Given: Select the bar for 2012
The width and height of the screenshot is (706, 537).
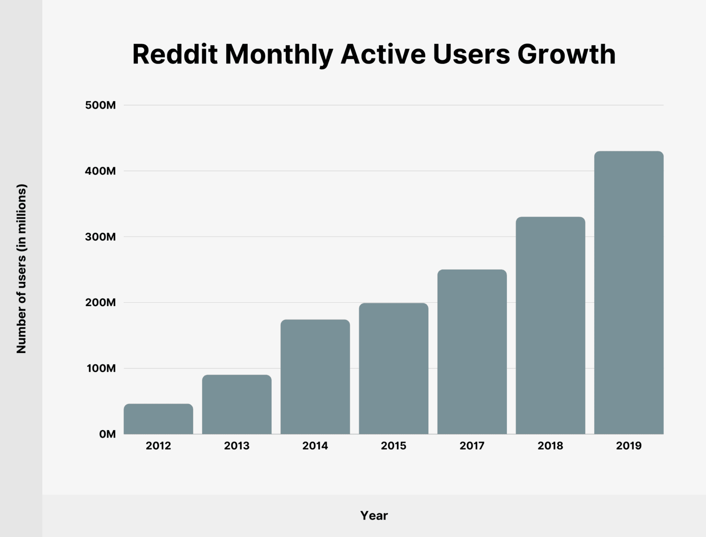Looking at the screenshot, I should pos(159,419).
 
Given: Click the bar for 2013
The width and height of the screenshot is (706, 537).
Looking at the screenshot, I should pos(237,404).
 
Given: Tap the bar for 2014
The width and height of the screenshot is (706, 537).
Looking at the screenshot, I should pos(315,377).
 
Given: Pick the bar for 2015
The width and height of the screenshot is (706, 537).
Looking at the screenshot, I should pos(393,369).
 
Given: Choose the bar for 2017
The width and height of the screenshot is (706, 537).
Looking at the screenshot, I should pos(472,352).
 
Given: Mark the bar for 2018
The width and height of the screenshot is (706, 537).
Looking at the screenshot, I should pos(550,325).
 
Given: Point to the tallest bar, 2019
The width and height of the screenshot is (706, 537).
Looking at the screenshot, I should pos(629,293).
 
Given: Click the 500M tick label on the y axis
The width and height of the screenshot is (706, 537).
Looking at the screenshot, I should pos(100,105).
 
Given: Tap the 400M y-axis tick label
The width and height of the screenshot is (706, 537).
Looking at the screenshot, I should pos(100,171).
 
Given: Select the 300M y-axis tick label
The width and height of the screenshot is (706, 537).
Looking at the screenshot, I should pos(100,237).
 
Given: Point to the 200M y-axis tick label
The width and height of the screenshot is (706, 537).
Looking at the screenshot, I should pos(100,303).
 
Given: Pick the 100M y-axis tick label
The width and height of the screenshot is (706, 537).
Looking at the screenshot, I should pos(100,369).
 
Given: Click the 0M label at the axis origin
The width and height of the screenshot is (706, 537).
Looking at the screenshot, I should pos(107,434).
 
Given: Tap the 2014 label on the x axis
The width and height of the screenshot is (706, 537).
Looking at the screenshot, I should pos(315,446).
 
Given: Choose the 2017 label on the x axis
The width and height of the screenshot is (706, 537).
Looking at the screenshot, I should pos(472,446).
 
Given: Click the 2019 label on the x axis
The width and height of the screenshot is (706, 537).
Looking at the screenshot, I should pos(629,446).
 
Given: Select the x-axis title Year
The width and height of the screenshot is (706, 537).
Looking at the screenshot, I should pos(374,516).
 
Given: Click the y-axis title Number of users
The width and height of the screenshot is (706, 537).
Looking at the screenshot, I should pos(22,269).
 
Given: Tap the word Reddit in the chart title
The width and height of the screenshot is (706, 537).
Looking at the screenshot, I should pos(175,54).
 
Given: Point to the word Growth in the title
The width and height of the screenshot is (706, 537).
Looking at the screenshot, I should pos(566,54).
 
